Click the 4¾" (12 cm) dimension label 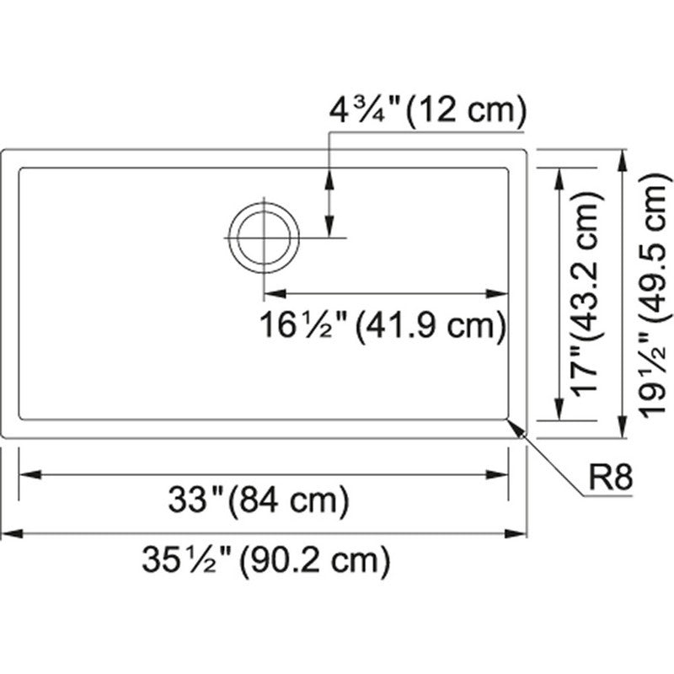click(x=428, y=110)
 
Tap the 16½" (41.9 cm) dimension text click(x=383, y=325)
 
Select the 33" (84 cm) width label click(x=259, y=500)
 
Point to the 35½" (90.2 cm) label click(x=266, y=559)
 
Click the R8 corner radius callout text click(x=610, y=478)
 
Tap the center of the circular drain click(x=264, y=238)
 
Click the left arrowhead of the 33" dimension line click(x=30, y=475)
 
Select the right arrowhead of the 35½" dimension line click(x=516, y=534)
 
